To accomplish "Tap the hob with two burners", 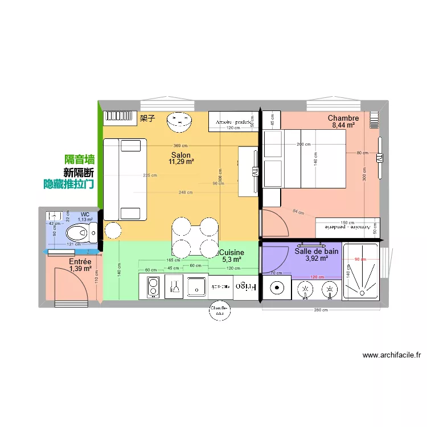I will pyautogui.click(x=153, y=286).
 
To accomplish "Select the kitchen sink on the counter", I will pyautogui.click(x=197, y=286).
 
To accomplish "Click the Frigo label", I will pyautogui.click(x=246, y=286).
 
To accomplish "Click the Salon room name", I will pyautogui.click(x=181, y=154).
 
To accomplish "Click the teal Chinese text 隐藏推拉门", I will pyautogui.click(x=69, y=184).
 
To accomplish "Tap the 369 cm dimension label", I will pyautogui.click(x=181, y=146).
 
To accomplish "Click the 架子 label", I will pyautogui.click(x=147, y=118).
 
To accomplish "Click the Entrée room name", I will pyautogui.click(x=80, y=261).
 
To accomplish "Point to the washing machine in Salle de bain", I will pyautogui.click(x=277, y=288).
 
